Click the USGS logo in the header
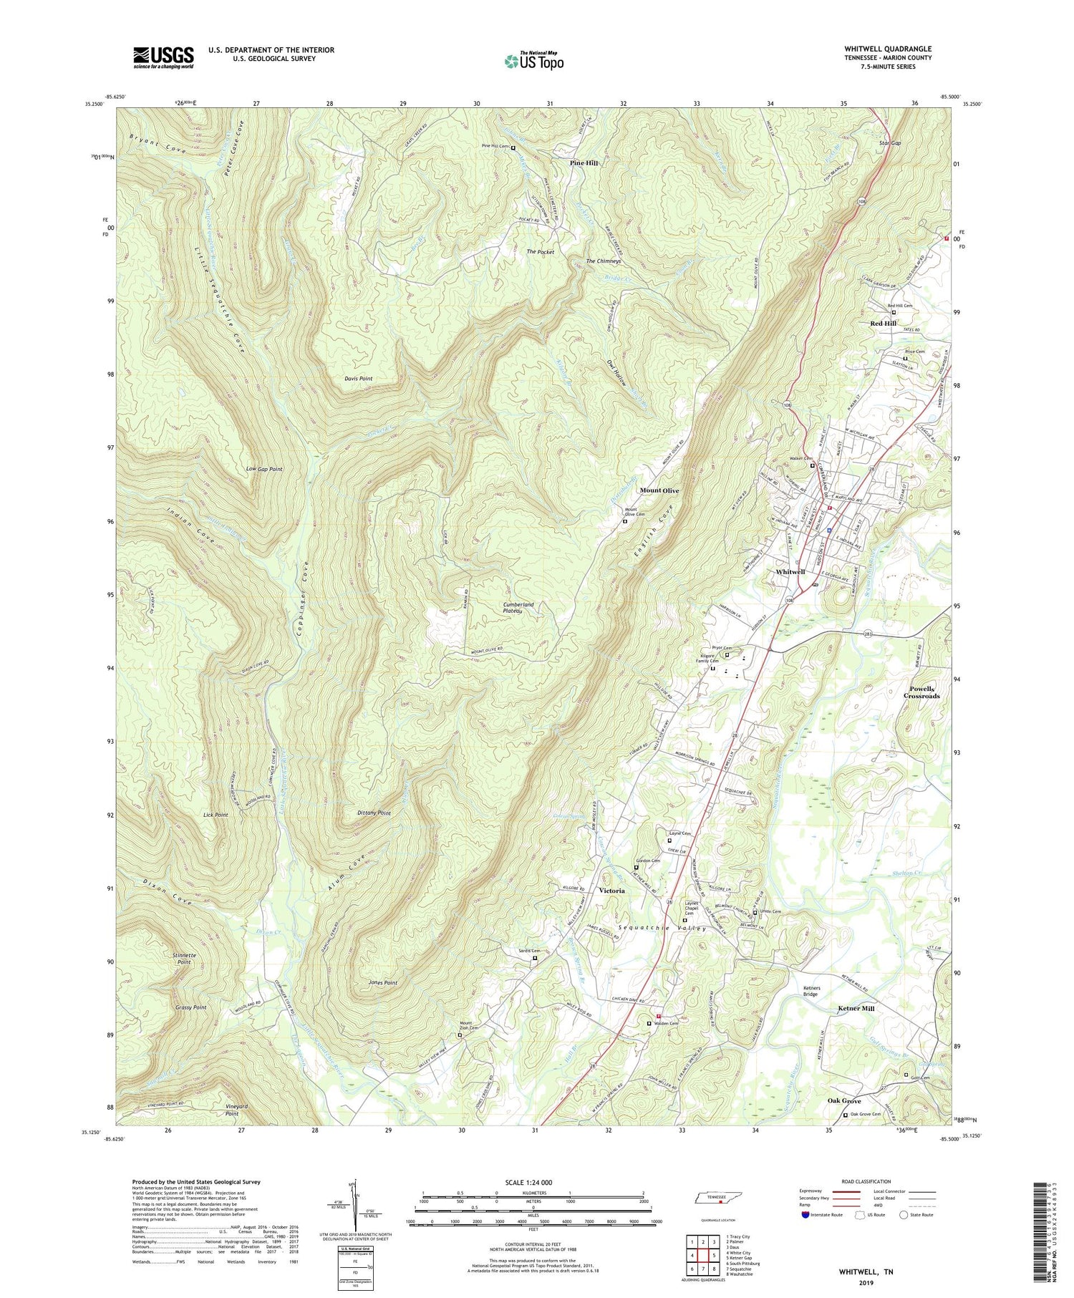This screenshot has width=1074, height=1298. click(163, 57)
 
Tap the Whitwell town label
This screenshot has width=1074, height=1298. click(790, 572)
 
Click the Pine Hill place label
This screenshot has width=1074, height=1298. click(584, 163)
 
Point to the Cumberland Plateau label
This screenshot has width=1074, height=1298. click(518, 609)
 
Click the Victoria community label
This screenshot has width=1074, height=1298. click(611, 891)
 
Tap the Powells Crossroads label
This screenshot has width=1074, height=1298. click(921, 692)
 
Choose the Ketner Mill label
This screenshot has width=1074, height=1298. click(856, 1008)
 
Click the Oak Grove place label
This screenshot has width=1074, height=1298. click(844, 1100)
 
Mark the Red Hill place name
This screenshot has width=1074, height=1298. click(883, 324)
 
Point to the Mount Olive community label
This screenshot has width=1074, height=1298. click(659, 490)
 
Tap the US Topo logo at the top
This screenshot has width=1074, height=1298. click(533, 61)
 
